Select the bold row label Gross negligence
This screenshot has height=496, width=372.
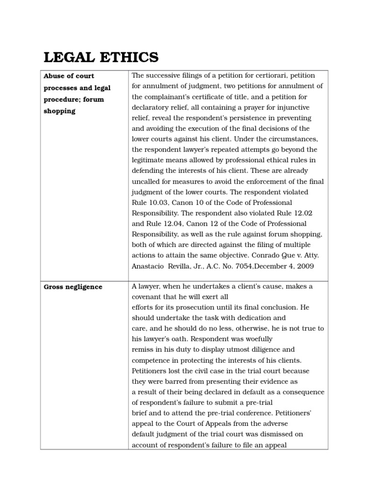(73, 287)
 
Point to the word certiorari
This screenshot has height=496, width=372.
(270, 76)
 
